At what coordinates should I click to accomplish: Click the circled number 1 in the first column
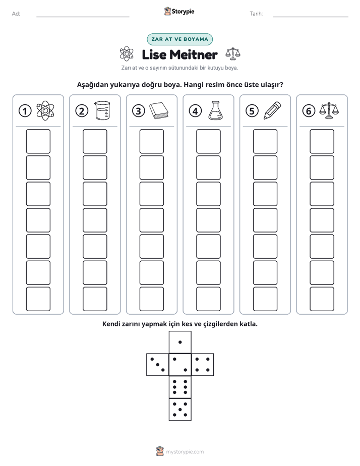pyautogui.click(x=25, y=111)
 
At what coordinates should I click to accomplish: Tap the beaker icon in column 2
pyautogui.click(x=102, y=110)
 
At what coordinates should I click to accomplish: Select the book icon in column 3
pyautogui.click(x=159, y=111)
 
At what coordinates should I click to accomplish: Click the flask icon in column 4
pyautogui.click(x=215, y=110)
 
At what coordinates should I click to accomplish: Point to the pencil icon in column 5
pyautogui.click(x=272, y=110)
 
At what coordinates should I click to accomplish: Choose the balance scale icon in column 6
pyautogui.click(x=329, y=110)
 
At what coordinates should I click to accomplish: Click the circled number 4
pyautogui.click(x=195, y=111)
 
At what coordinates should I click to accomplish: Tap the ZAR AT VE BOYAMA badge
pyautogui.click(x=179, y=39)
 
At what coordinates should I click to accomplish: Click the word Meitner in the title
pyautogui.click(x=194, y=54)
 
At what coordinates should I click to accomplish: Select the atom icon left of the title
pyautogui.click(x=127, y=54)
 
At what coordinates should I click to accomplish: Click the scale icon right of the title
pyautogui.click(x=233, y=53)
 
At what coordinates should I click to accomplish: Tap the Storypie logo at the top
pyautogui.click(x=179, y=11)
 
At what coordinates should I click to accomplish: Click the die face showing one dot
pyautogui.click(x=180, y=342)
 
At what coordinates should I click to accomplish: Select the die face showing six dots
pyautogui.click(x=180, y=387)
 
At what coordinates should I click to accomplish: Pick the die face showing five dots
pyautogui.click(x=180, y=409)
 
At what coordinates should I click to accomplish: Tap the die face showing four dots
pyautogui.click(x=203, y=365)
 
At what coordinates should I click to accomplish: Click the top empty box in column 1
pyautogui.click(x=38, y=141)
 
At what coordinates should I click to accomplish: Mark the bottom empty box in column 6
pyautogui.click(x=322, y=299)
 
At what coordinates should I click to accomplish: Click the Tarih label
pyautogui.click(x=256, y=14)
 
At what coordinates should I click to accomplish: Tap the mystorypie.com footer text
pyautogui.click(x=185, y=452)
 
